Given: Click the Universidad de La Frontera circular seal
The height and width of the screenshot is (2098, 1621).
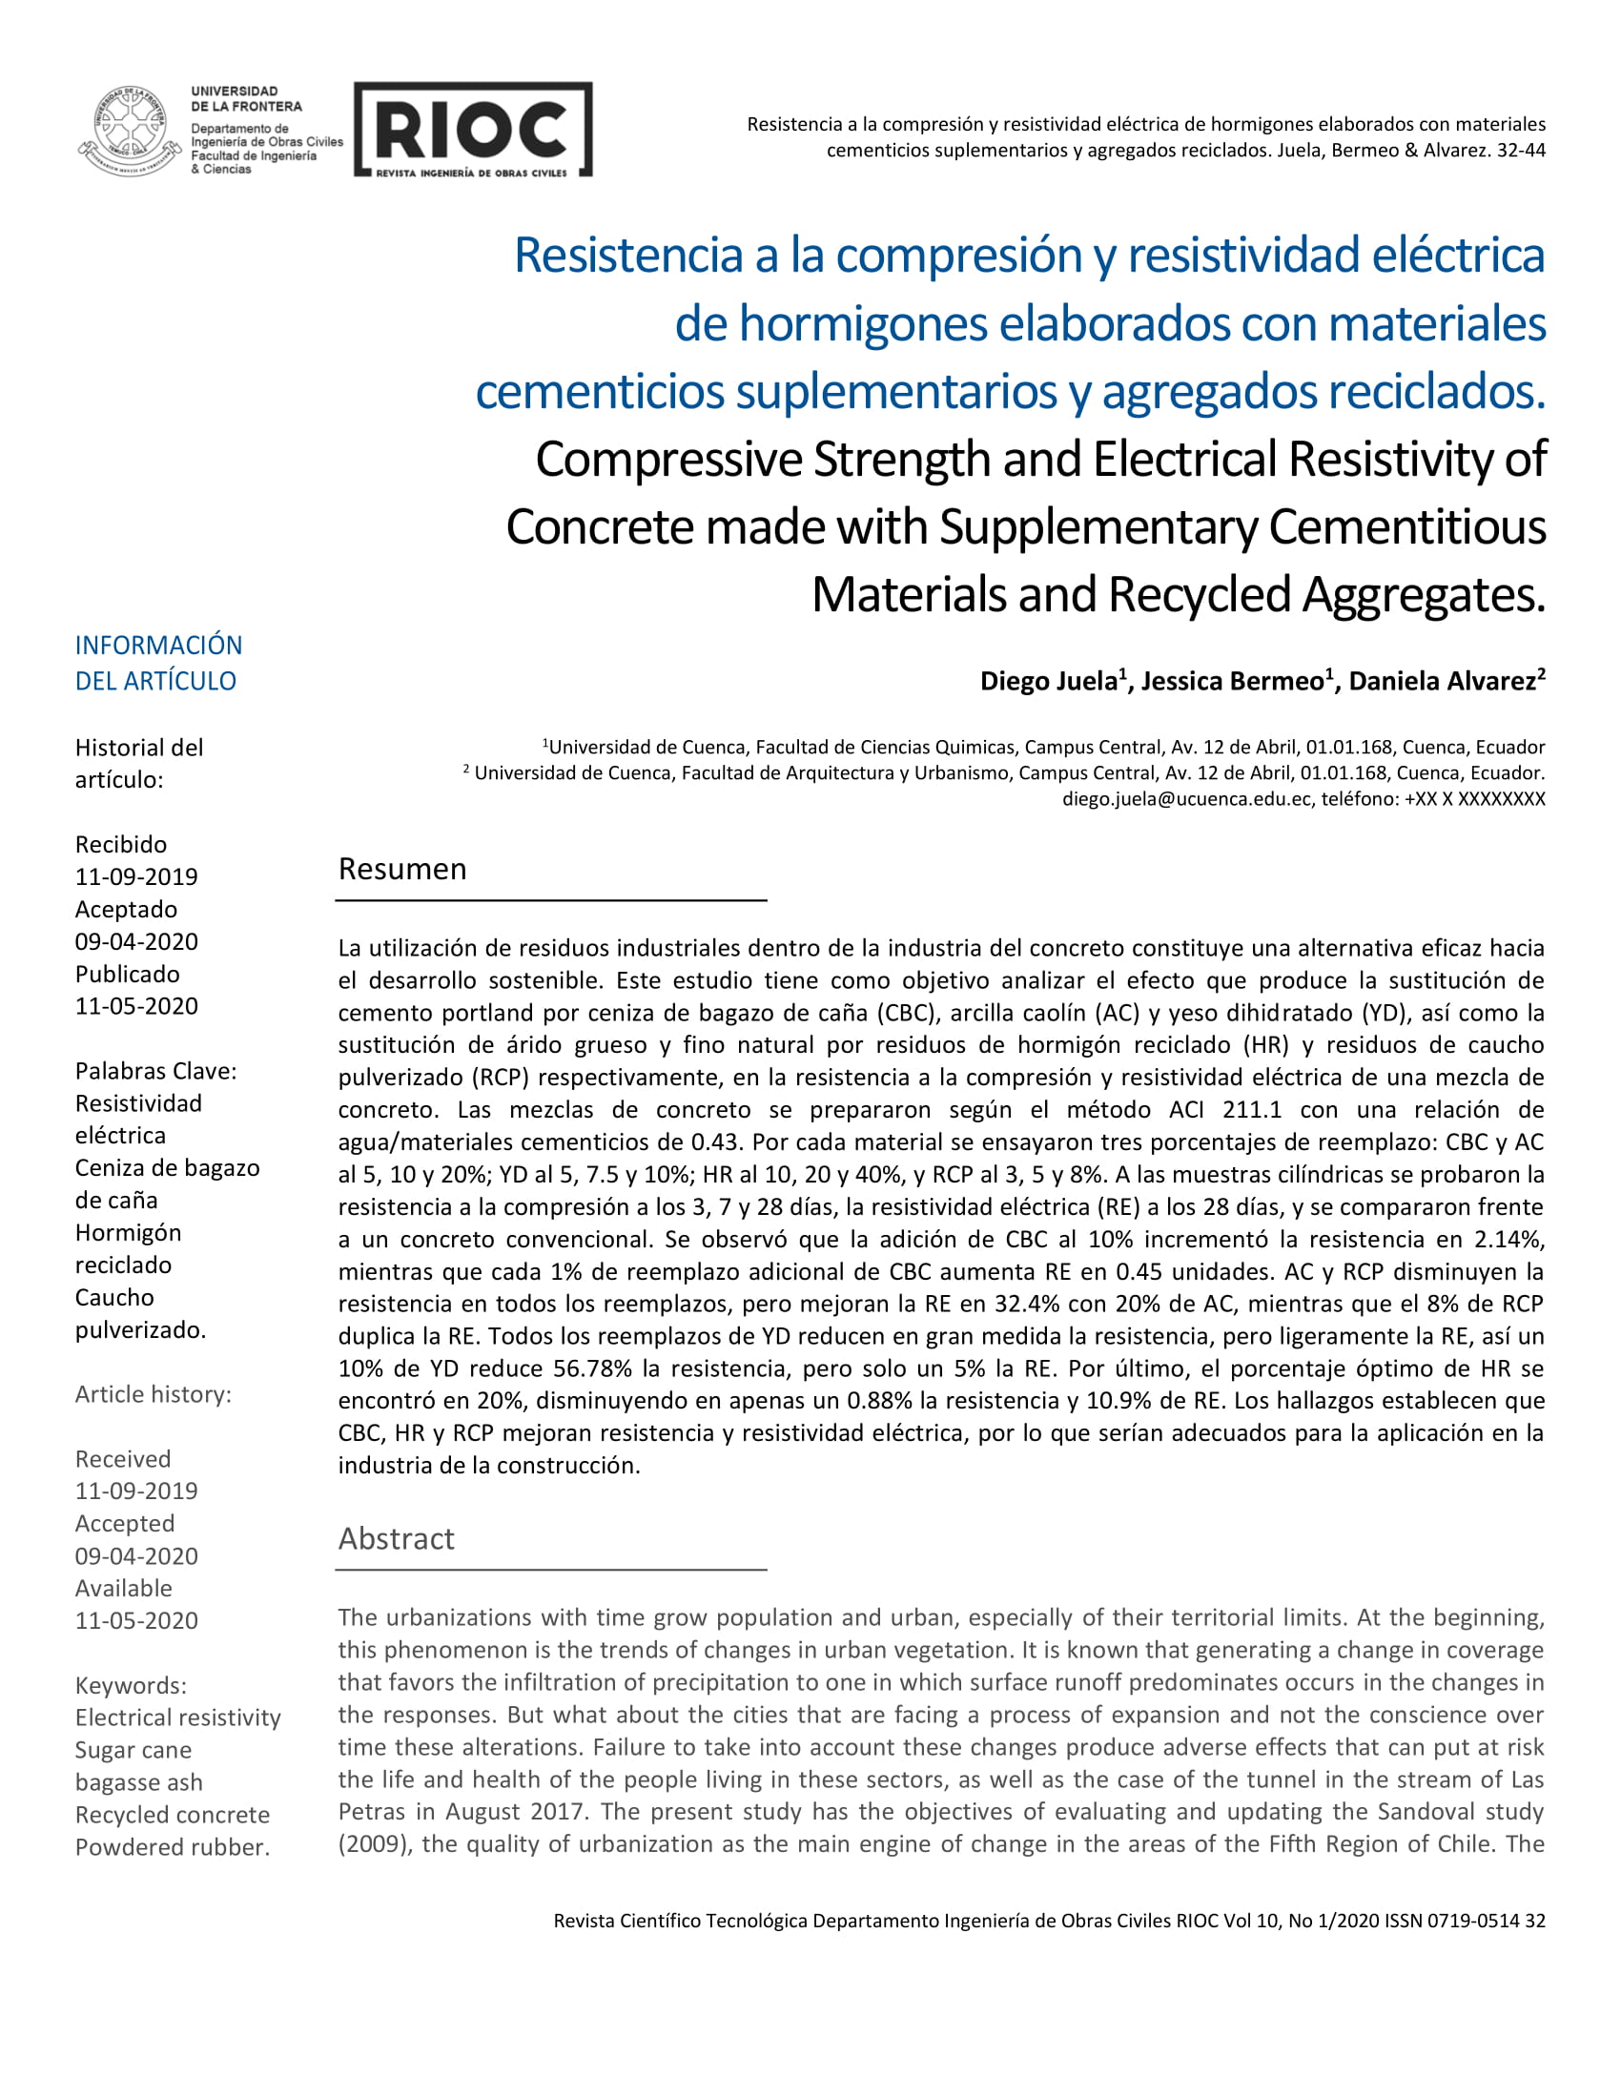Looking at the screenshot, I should tap(129, 131).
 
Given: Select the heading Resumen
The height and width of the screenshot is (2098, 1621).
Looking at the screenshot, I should tap(402, 869).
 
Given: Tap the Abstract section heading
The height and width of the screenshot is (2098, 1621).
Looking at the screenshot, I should tap(396, 1538).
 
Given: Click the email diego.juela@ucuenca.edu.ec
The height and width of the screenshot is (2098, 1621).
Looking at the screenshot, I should tap(1186, 798).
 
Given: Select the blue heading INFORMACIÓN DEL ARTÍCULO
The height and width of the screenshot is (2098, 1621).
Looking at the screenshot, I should tap(158, 663).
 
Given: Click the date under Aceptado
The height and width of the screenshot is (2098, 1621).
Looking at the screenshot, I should tap(136, 941).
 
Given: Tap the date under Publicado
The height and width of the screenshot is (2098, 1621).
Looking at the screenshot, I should tap(136, 1006).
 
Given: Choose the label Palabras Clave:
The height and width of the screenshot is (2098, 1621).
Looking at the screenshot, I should tap(155, 1071).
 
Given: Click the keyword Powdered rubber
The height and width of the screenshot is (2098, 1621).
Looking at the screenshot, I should tap(172, 1847).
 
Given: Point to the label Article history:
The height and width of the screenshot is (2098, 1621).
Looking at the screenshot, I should tap(153, 1394).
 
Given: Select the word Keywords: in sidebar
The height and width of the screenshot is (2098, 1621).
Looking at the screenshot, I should tap(131, 1685).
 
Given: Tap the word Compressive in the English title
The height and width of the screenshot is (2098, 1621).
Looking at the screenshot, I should tap(668, 460).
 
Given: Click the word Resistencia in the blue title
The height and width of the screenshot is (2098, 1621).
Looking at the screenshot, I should tap(629, 256).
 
